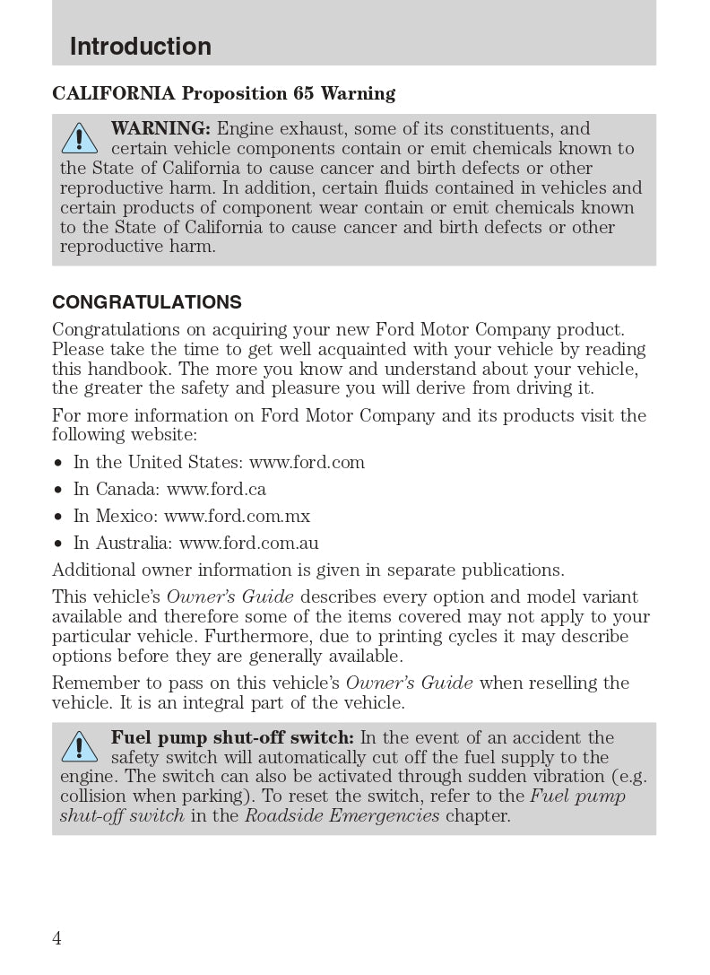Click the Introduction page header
click(x=141, y=47)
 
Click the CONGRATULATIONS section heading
click(x=147, y=302)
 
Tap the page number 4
click(x=57, y=938)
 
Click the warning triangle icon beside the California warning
click(x=80, y=138)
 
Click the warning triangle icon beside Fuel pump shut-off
click(x=80, y=746)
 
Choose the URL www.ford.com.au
click(x=248, y=543)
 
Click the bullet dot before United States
click(x=58, y=463)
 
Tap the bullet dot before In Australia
click(x=58, y=544)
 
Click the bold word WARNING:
click(x=160, y=128)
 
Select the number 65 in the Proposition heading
click(x=303, y=93)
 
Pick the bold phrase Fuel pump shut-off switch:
click(x=232, y=737)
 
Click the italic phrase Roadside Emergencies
click(x=342, y=815)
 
